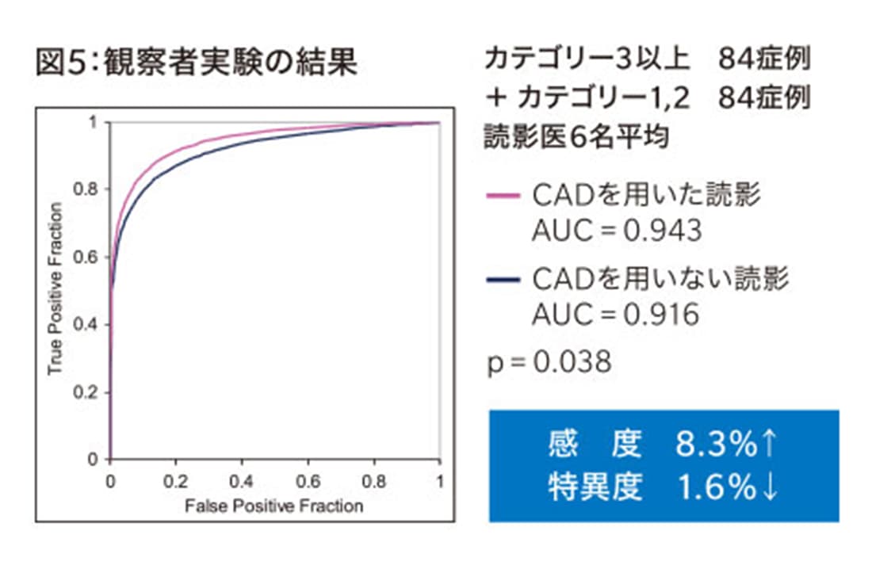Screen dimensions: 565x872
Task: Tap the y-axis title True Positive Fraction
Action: click(55, 288)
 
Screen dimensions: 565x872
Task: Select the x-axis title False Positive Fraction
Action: click(273, 505)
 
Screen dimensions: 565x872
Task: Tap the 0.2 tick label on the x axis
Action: click(176, 481)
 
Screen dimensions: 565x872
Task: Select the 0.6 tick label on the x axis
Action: click(308, 481)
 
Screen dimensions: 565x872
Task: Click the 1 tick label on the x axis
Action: click(439, 481)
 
